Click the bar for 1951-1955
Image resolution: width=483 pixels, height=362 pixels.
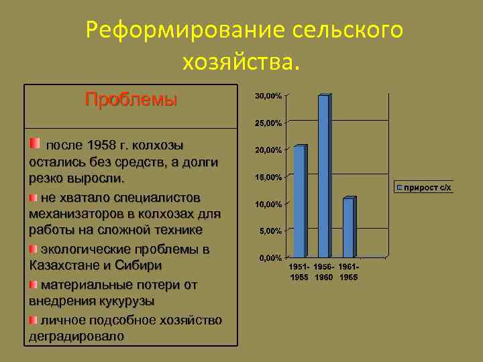click(300, 201)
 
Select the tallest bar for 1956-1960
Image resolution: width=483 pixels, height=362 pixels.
click(324, 176)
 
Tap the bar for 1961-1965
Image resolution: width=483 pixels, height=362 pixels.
click(348, 228)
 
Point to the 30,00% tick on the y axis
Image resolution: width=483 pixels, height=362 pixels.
click(268, 97)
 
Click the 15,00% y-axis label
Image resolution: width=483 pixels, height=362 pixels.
click(268, 178)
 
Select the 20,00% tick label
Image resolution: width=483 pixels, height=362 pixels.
click(268, 151)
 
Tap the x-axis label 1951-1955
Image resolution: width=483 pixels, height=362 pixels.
click(300, 272)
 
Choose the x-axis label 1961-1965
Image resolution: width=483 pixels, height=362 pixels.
click(348, 272)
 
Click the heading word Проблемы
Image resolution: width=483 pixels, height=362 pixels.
click(131, 101)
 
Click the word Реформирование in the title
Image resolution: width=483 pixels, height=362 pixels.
click(185, 30)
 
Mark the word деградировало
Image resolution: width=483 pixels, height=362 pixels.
click(76, 336)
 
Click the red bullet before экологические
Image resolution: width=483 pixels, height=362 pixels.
click(34, 249)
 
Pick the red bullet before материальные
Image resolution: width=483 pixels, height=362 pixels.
click(34, 284)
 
